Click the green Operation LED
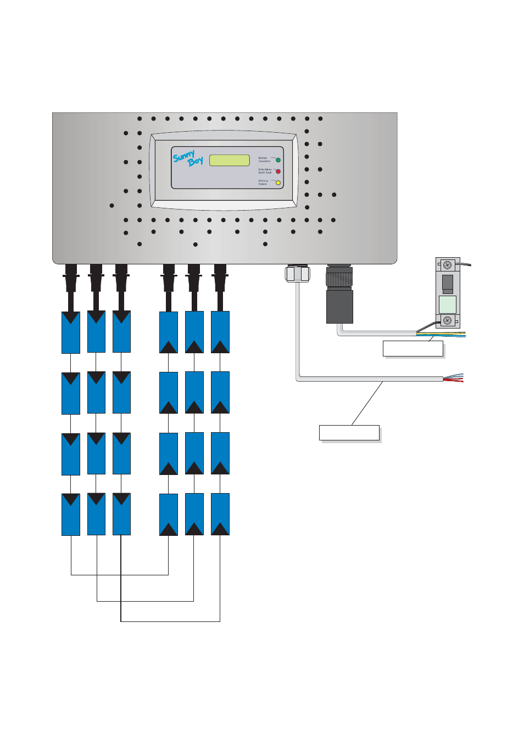(278, 160)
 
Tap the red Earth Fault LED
(278, 172)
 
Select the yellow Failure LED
(278, 183)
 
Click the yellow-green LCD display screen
(230, 160)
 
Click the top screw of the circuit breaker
(447, 265)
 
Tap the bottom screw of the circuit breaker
(447, 321)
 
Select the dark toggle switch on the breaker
(448, 283)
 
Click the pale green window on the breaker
(448, 304)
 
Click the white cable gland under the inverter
(298, 273)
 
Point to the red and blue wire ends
(455, 377)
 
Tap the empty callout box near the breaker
(413, 349)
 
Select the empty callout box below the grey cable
(349, 433)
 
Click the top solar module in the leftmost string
(71, 332)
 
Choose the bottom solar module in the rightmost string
(220, 514)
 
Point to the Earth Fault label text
(265, 171)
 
